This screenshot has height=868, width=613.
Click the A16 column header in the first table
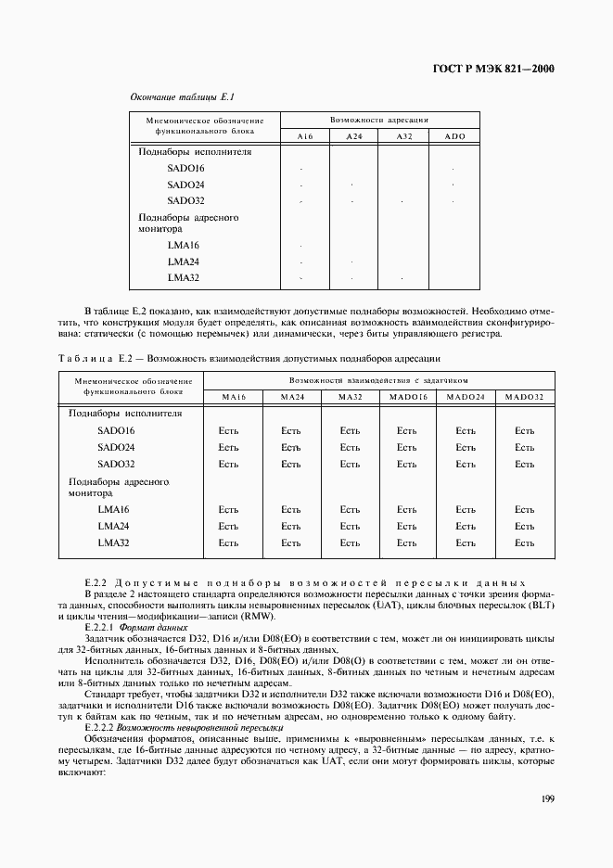pos(305,136)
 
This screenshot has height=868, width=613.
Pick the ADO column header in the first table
pos(454,136)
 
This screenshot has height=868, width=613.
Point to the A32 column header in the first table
pos(403,136)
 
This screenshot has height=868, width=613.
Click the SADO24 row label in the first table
pos(185,185)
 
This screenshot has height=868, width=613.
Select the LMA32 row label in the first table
pos(184,277)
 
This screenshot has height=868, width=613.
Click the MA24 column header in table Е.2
pos(291,397)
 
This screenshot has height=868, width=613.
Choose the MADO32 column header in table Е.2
pos(525,397)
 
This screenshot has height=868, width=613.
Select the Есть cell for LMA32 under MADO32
pos(525,543)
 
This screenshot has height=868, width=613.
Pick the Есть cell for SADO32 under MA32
pos(350,465)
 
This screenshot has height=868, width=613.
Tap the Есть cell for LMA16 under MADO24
pos(466,510)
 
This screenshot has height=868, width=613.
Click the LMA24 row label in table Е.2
pos(113,527)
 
